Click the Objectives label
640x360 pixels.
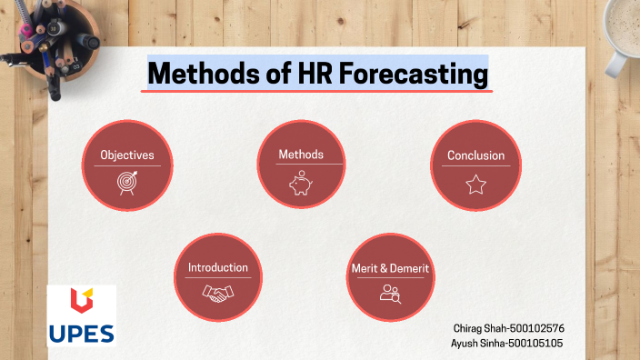point(127,155)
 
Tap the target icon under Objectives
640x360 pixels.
point(127,183)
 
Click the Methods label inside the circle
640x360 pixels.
point(301,155)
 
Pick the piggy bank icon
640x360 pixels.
point(301,185)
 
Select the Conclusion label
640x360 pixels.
point(475,155)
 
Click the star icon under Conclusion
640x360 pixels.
point(475,185)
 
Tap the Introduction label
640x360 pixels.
point(218,268)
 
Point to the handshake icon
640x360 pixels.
point(217,294)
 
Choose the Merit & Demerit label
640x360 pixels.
point(390,269)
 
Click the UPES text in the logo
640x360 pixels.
point(81,331)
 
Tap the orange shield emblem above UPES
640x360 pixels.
point(81,301)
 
